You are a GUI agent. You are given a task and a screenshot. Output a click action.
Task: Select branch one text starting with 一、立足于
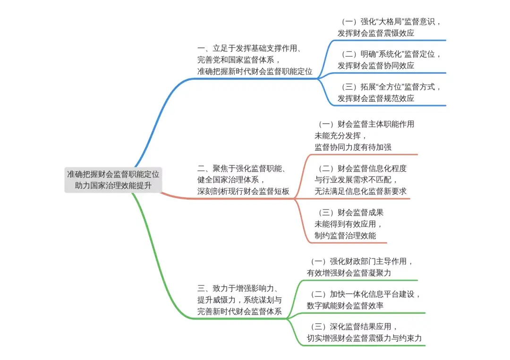tap(255, 60)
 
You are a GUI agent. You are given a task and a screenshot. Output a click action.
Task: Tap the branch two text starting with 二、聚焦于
tap(243, 180)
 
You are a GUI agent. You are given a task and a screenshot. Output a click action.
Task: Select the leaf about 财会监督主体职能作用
tap(364, 135)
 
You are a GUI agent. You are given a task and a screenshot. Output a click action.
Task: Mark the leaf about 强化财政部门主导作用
tap(361, 267)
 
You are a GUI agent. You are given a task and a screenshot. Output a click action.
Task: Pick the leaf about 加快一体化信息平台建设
tap(364, 300)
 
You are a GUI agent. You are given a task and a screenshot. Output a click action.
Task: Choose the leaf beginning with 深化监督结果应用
tap(364, 332)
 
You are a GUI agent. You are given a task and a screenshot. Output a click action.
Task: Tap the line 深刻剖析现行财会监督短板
tap(243, 192)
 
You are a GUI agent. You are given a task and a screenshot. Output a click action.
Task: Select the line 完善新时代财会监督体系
tap(239, 311)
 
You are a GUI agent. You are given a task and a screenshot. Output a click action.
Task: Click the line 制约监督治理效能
tap(345, 235)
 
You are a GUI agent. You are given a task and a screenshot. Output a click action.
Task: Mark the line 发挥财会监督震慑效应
tap(376, 33)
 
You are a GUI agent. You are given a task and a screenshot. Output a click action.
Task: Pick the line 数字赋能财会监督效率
tap(345, 306)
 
